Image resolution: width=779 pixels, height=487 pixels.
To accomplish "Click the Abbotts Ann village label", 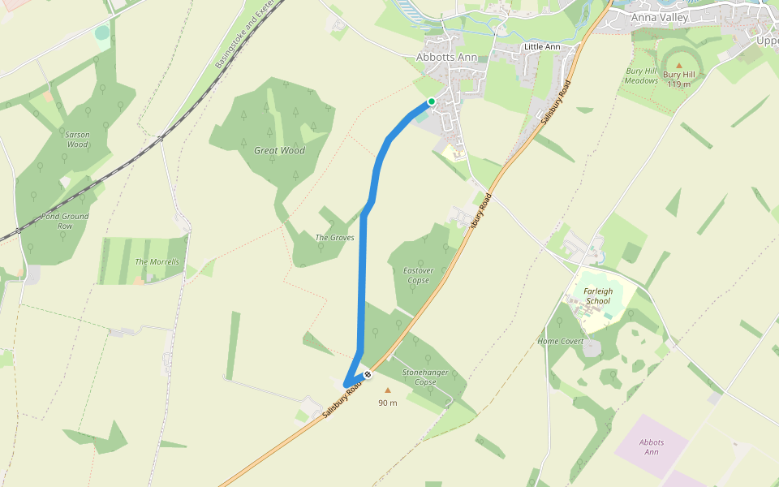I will (446, 58).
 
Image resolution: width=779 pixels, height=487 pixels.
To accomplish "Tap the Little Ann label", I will (542, 47).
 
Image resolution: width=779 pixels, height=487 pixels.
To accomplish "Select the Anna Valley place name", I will (659, 17).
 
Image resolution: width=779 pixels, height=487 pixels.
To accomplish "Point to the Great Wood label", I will (279, 150).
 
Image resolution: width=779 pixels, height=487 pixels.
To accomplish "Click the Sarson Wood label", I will (77, 140).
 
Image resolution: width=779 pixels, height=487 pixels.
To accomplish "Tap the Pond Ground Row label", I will (65, 221).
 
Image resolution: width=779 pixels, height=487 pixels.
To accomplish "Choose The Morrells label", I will (157, 262).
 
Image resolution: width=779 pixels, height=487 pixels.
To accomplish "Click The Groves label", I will (334, 238).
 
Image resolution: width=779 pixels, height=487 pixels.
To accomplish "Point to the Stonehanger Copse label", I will (425, 377).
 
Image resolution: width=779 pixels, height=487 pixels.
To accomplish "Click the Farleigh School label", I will (598, 295).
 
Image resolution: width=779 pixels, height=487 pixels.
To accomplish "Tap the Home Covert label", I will (561, 341).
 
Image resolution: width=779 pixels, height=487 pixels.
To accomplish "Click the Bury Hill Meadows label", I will (641, 75).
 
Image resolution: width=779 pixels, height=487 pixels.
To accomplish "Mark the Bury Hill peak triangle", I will (679, 65).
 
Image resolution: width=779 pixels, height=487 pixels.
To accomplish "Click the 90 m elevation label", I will (388, 403).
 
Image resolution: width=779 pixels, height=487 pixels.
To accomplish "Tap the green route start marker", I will (432, 101).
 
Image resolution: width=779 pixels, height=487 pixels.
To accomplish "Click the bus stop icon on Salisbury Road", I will (367, 374).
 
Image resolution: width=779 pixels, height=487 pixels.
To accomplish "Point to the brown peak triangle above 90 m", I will (387, 390).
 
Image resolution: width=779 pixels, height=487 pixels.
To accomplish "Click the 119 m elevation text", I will (679, 84).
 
